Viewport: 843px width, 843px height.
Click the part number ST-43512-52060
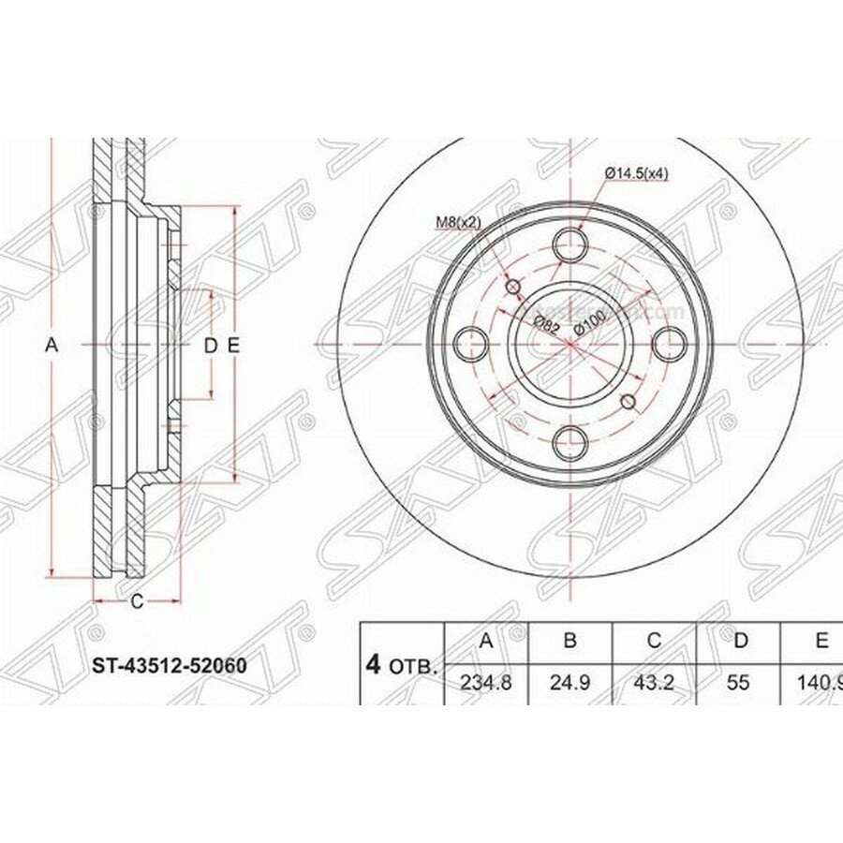point(168,666)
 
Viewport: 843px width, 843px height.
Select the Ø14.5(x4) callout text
point(636,173)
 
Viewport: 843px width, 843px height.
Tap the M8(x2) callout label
point(458,222)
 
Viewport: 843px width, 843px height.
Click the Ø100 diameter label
point(589,322)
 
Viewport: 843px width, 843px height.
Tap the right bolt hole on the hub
point(668,345)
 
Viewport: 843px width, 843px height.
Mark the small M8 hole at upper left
point(512,287)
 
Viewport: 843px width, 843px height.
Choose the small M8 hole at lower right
point(629,403)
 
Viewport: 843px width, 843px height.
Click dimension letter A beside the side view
point(52,346)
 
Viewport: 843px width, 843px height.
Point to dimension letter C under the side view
point(136,602)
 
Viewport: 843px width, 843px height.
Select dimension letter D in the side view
point(210,346)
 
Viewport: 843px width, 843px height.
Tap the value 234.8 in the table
point(486,683)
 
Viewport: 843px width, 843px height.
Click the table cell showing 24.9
point(570,683)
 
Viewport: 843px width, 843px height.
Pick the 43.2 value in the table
point(655,683)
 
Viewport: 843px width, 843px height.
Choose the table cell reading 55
point(738,683)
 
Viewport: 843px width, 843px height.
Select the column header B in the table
point(570,642)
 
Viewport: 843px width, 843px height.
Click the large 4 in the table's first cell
point(374,665)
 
